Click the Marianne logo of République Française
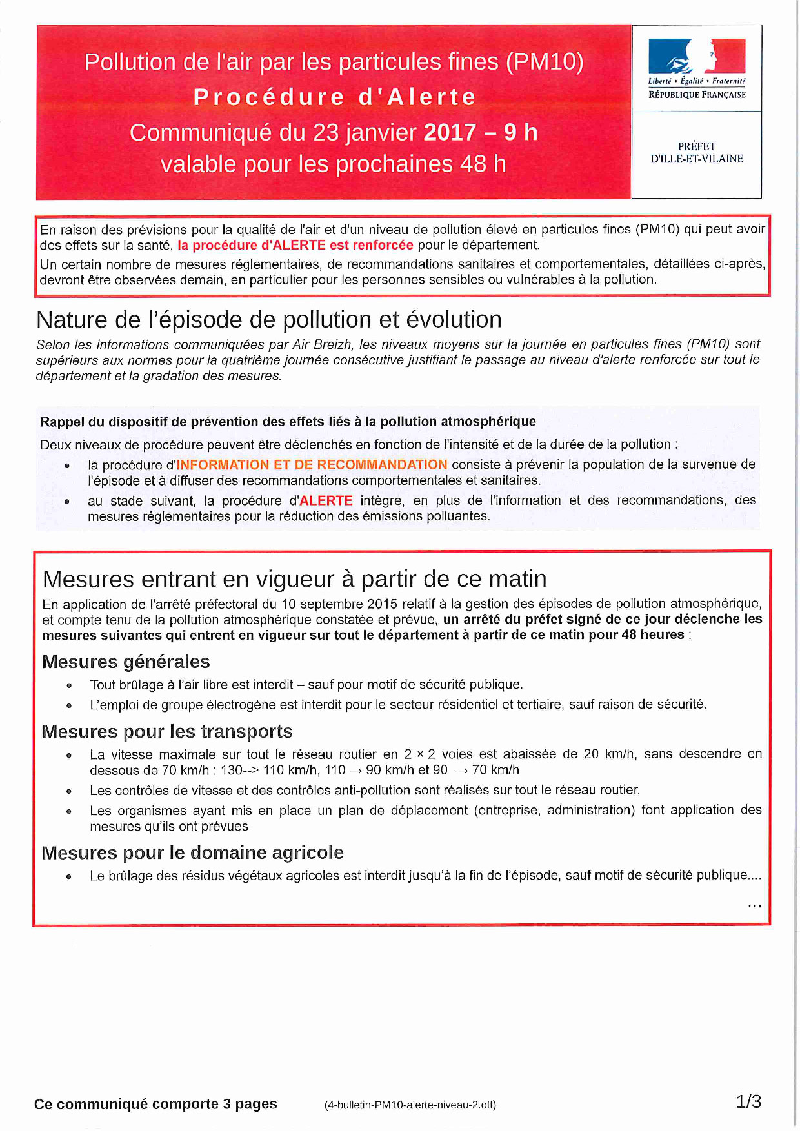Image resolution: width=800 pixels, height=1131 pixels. click(x=696, y=56)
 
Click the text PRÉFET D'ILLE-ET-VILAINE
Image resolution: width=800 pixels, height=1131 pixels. click(x=696, y=152)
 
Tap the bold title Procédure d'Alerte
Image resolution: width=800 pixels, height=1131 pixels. click(x=334, y=97)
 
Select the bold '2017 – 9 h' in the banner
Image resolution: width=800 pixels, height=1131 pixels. click(x=481, y=132)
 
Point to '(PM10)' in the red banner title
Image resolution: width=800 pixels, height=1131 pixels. click(x=545, y=62)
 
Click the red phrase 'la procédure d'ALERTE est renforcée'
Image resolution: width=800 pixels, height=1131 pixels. click(x=295, y=245)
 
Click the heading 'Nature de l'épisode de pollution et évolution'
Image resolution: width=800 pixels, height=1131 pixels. click(x=269, y=320)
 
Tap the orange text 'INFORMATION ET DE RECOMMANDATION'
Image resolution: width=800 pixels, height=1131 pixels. click(x=312, y=465)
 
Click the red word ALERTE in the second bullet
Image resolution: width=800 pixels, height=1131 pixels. click(x=326, y=501)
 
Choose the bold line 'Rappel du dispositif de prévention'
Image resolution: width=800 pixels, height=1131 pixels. click(x=288, y=422)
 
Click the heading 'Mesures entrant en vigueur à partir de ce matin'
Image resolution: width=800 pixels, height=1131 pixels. click(x=294, y=579)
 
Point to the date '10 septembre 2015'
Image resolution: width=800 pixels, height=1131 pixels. click(x=330, y=604)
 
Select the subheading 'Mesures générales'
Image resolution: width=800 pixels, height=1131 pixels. click(x=126, y=662)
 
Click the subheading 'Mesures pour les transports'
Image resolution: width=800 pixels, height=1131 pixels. click(x=167, y=732)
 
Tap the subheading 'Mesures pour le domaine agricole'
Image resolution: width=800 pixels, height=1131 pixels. click(x=192, y=853)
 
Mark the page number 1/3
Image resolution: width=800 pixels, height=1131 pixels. click(x=748, y=1101)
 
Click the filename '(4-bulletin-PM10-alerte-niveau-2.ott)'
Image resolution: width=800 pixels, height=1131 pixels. click(x=410, y=1105)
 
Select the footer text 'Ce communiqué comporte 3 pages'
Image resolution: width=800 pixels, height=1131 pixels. click(x=155, y=1104)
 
